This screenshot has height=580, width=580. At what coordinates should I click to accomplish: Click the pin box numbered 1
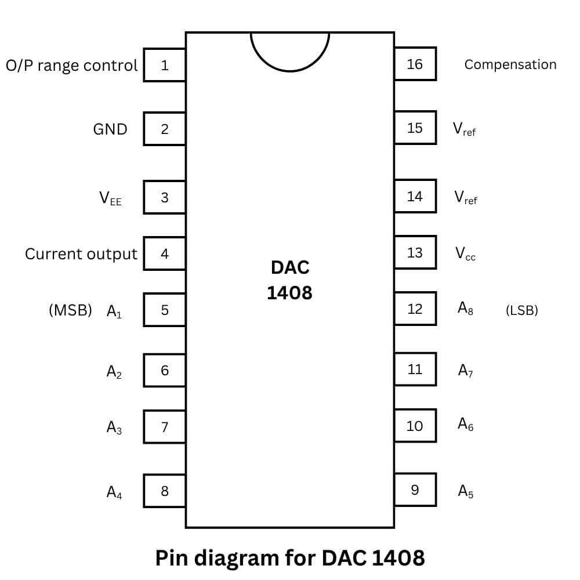click(165, 65)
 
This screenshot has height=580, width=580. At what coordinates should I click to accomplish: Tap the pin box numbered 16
click(415, 64)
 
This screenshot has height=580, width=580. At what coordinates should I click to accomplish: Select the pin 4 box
click(165, 253)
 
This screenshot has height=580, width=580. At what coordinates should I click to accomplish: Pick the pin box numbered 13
click(415, 252)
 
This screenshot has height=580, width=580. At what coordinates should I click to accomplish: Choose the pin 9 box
click(415, 490)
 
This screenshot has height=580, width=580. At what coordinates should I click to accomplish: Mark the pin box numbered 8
click(165, 491)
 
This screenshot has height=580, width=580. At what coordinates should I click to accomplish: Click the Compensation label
click(510, 64)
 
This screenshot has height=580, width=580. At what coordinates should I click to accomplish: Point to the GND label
click(110, 129)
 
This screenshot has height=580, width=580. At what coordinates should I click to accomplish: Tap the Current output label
click(81, 254)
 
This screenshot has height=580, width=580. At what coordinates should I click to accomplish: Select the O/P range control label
click(72, 65)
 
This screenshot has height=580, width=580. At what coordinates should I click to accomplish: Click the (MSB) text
click(70, 310)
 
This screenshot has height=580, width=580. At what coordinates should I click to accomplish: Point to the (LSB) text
click(521, 310)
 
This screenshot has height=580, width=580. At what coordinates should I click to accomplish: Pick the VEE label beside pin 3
click(110, 198)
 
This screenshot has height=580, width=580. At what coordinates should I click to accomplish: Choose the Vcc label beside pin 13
click(465, 253)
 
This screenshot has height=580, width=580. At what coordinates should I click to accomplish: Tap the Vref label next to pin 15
click(464, 129)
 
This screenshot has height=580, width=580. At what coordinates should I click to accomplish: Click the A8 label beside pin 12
click(465, 309)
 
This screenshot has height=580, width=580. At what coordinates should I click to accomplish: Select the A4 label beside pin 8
click(114, 492)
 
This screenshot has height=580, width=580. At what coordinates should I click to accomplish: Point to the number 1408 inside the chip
click(289, 292)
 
